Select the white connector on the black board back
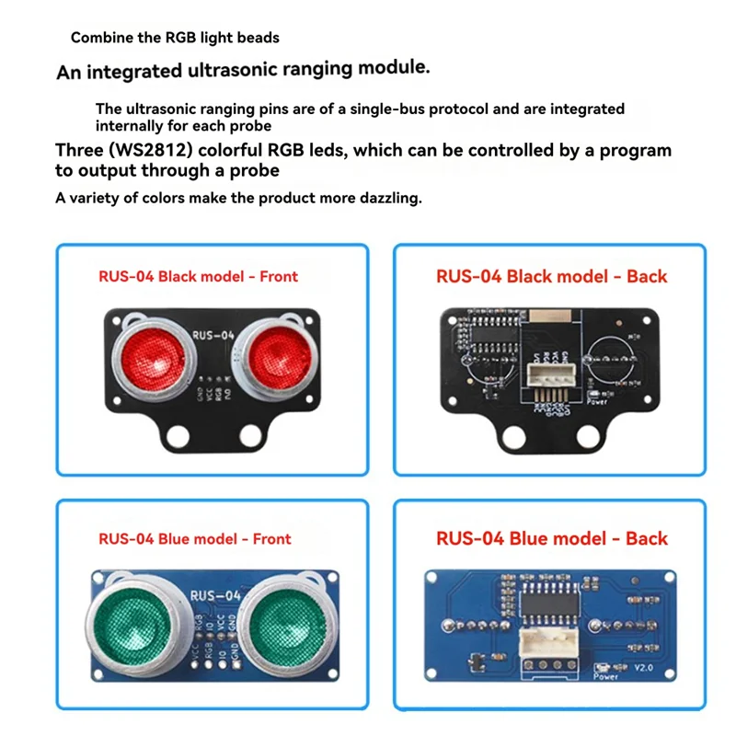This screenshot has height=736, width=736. pyautogui.click(x=550, y=375)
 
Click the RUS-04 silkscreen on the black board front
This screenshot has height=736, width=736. pyautogui.click(x=212, y=336)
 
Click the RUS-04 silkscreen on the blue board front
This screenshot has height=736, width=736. pyautogui.click(x=214, y=595)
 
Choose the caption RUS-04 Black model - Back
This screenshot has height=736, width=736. pyautogui.click(x=551, y=275)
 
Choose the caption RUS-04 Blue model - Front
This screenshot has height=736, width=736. pyautogui.click(x=194, y=539)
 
